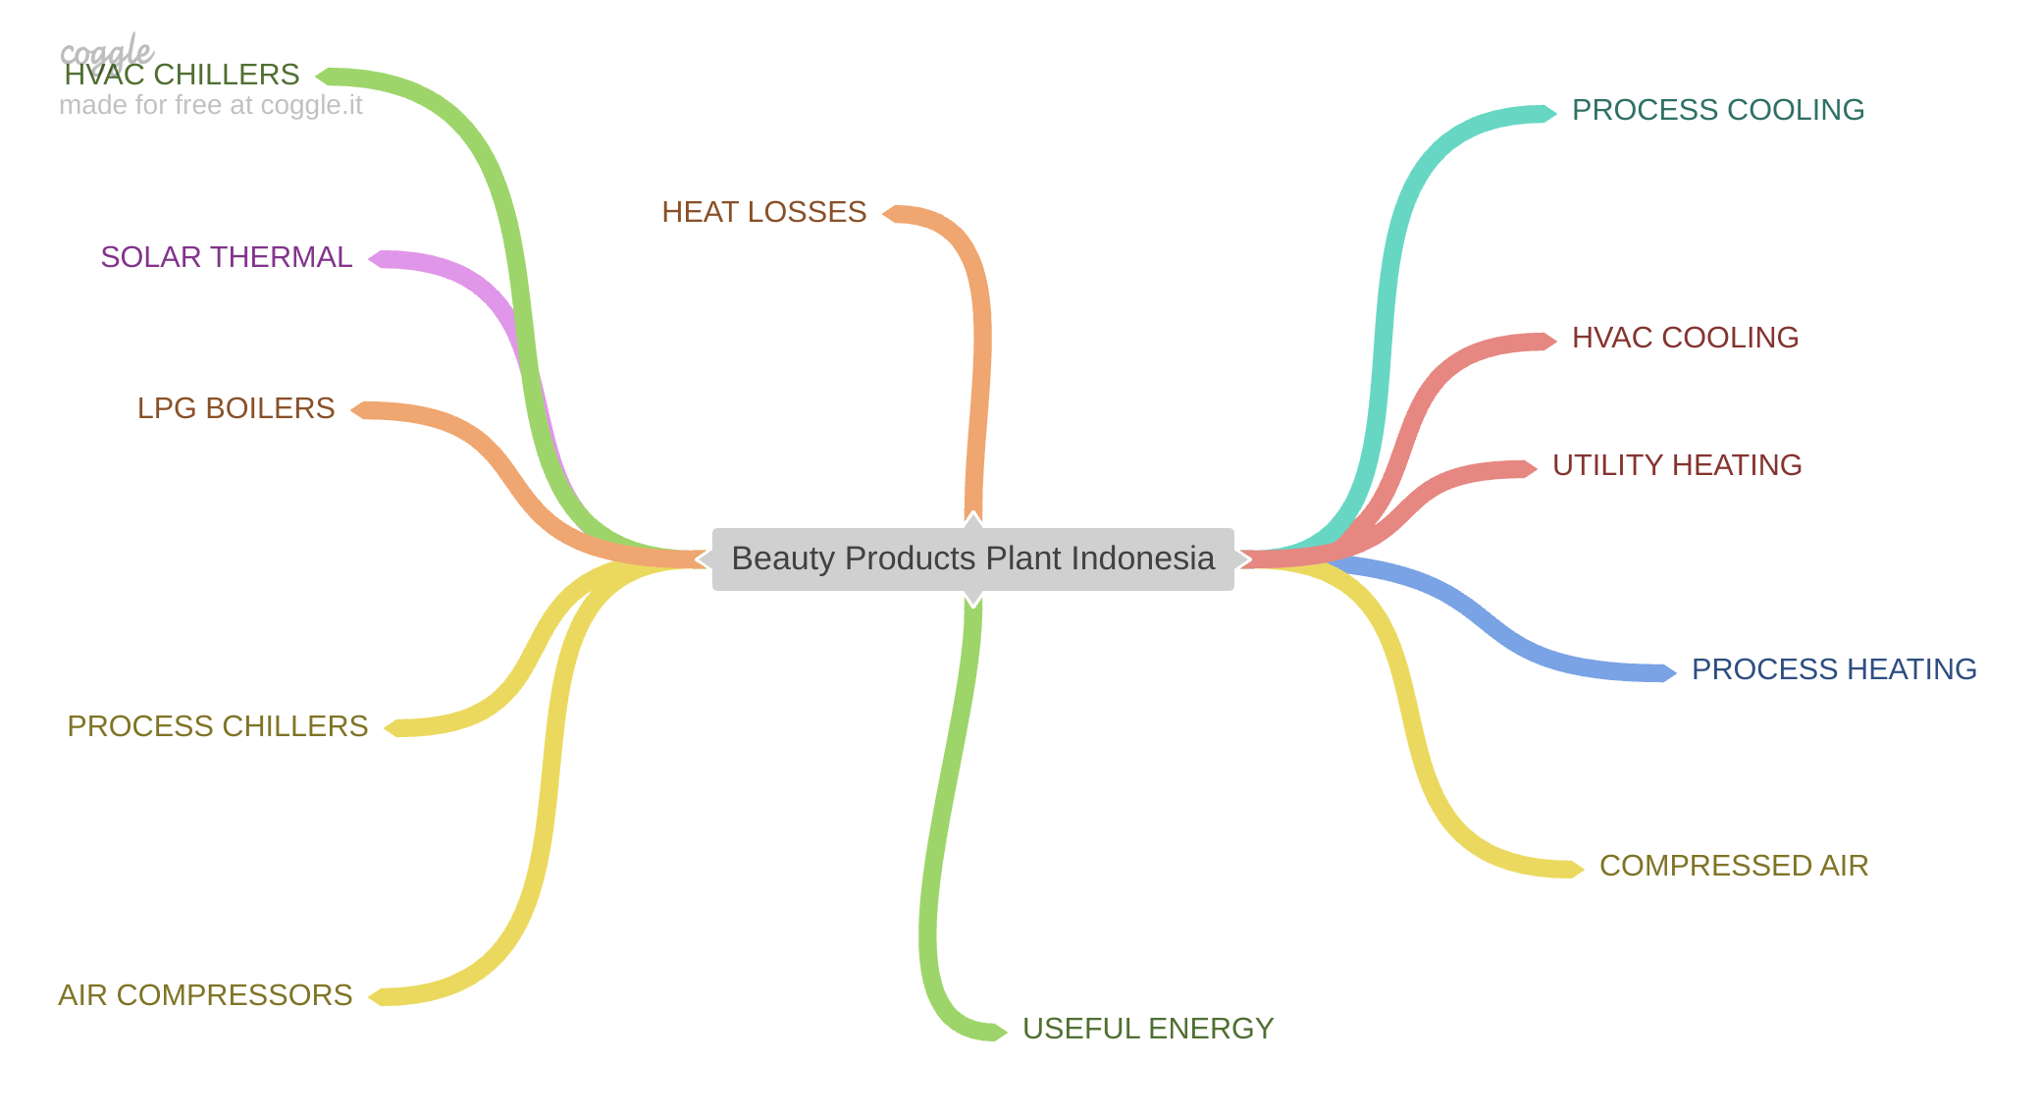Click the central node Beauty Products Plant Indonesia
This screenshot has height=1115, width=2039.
(x=972, y=558)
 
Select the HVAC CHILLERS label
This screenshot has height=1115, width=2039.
(x=182, y=75)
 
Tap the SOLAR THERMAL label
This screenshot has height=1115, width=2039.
(x=226, y=257)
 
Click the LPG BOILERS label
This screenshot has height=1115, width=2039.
(x=235, y=408)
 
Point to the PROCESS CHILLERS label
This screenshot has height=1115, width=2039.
(x=217, y=726)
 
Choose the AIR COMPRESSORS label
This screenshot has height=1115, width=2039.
(x=204, y=995)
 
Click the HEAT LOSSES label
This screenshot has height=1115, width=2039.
(x=763, y=212)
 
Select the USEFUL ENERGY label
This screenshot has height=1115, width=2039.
(x=1147, y=1029)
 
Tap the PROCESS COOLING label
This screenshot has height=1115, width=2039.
(x=1717, y=110)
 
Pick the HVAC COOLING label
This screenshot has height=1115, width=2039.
(x=1685, y=338)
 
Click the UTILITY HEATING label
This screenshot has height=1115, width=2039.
(x=1676, y=465)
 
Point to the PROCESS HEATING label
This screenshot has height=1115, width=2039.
(x=1833, y=669)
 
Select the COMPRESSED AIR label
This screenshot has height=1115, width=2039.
(x=1733, y=866)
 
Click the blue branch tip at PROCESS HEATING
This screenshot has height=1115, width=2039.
(x=1668, y=672)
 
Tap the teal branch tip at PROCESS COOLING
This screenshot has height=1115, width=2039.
(x=1548, y=113)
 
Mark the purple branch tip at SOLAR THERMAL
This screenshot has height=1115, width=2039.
(x=377, y=259)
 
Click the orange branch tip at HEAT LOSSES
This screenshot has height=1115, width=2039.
(x=891, y=214)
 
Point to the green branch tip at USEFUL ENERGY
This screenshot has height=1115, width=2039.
(x=999, y=1032)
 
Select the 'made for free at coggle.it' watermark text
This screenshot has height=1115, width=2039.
(x=210, y=105)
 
